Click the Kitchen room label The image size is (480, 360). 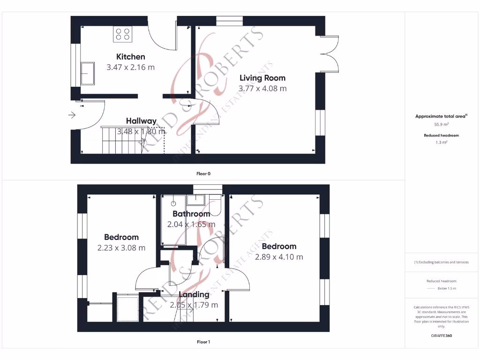click(x=131, y=57)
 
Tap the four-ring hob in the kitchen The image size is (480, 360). click(x=123, y=34)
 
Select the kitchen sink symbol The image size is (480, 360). click(x=87, y=73)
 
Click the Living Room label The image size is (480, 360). click(x=262, y=78)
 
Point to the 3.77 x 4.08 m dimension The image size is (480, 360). click(x=262, y=88)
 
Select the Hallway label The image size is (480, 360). click(x=141, y=121)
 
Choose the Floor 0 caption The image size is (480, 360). click(x=203, y=173)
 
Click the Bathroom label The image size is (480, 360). click(x=191, y=214)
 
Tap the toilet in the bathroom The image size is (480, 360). click(x=216, y=205)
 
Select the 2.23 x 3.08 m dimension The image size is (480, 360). click(x=121, y=247)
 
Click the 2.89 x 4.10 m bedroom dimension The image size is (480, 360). click(x=279, y=257)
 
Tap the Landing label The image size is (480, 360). click(x=194, y=294)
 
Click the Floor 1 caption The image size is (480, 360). click(x=203, y=342)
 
